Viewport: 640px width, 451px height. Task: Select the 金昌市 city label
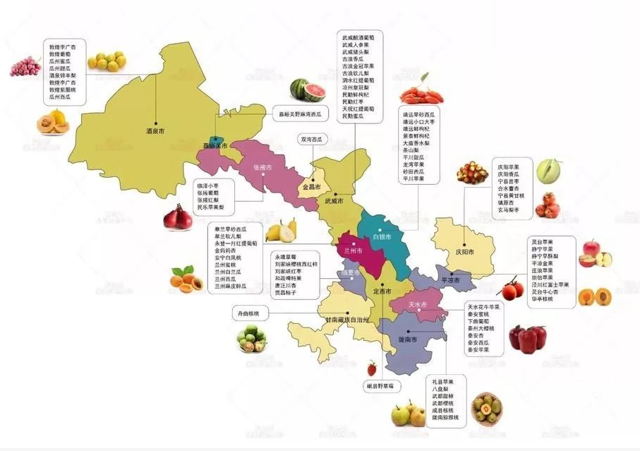[311, 188]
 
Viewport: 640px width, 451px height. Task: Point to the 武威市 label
[334, 201]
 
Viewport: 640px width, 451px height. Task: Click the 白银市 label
[381, 236]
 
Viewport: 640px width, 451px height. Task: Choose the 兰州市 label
[353, 251]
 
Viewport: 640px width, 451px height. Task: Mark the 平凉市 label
[449, 280]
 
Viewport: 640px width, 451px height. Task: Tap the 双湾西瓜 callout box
[312, 140]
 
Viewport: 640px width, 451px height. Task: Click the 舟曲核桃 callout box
[247, 312]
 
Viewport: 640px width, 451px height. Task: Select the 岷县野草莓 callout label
[385, 386]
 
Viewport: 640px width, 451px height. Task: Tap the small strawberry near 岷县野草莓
[372, 368]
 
